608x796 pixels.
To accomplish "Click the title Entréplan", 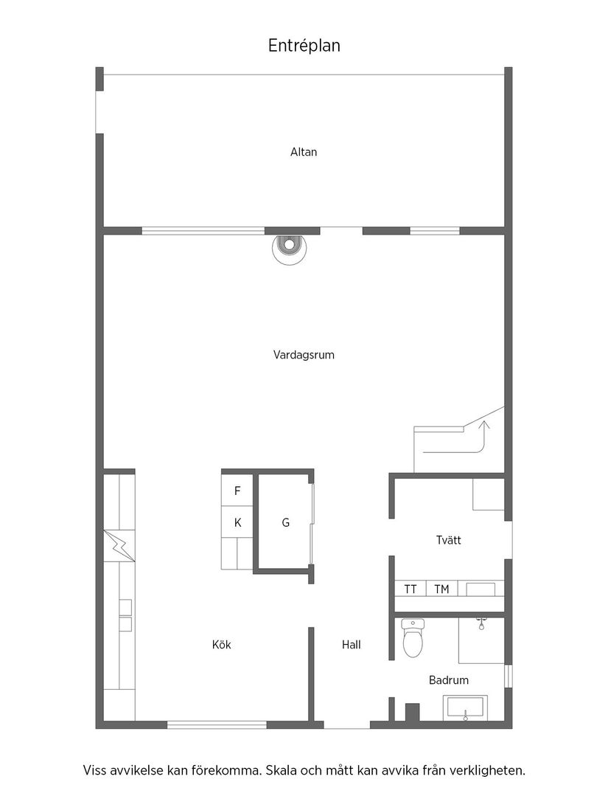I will [x=304, y=46].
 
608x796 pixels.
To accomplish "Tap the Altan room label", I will [x=304, y=152].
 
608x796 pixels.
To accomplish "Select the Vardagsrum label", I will [x=304, y=355].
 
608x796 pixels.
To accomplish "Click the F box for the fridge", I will [x=237, y=491].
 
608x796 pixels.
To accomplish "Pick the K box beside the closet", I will [x=237, y=522].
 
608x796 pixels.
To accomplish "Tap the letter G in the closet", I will [x=285, y=523].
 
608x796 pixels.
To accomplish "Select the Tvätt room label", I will [x=448, y=540].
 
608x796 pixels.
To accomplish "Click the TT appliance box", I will [x=410, y=589].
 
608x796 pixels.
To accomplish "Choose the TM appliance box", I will [x=441, y=589].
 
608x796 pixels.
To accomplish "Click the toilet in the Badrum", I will [x=413, y=637].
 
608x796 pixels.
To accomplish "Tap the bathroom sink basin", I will [x=465, y=708].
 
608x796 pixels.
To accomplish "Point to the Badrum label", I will [x=449, y=680].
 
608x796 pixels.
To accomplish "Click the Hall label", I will [x=351, y=645].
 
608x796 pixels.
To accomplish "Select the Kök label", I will [x=221, y=645].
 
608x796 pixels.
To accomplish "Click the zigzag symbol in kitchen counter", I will [x=119, y=547].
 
